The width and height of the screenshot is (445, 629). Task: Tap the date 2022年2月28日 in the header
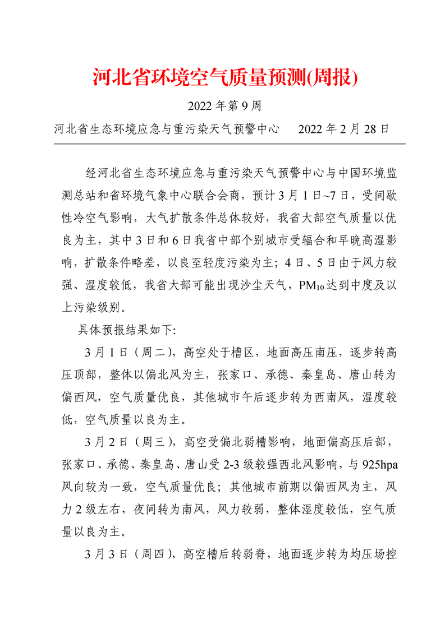click(x=343, y=129)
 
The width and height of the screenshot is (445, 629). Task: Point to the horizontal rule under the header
click(x=229, y=144)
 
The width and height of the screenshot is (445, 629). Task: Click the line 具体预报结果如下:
click(x=126, y=329)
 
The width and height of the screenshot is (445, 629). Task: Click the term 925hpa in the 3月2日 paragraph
click(x=382, y=464)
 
